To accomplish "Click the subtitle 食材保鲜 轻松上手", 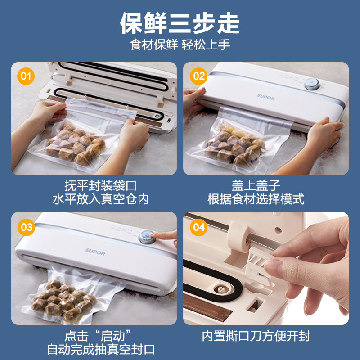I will (180, 45).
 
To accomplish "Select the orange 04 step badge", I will (198, 227).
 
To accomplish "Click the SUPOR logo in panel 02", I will (265, 96).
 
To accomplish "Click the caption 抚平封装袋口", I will (100, 185).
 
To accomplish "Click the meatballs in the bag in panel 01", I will (76, 142).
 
